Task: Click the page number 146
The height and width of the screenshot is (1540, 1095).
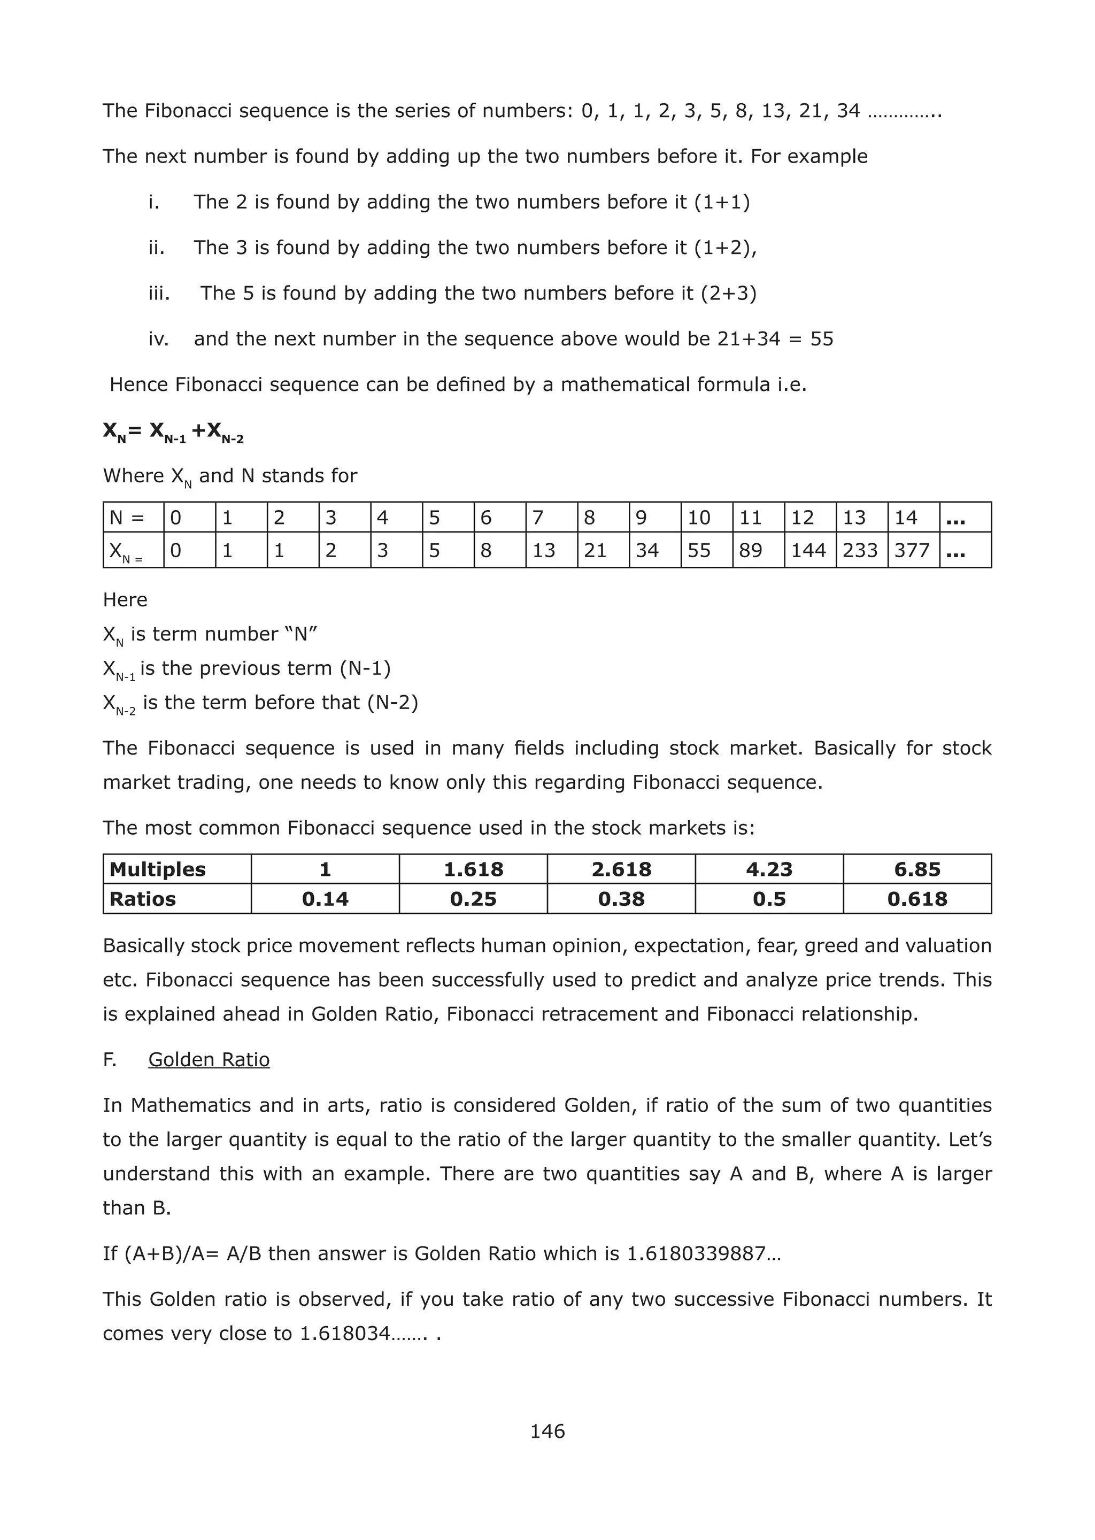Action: pos(547,1431)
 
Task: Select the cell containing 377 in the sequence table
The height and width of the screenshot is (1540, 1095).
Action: pos(912,550)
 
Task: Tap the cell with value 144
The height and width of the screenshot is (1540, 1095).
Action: pos(808,550)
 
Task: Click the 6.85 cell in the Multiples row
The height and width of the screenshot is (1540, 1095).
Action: pos(916,869)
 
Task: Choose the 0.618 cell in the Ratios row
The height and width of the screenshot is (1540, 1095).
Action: pos(916,899)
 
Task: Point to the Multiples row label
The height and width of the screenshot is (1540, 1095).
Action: pos(157,869)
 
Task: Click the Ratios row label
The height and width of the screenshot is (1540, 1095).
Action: pos(142,899)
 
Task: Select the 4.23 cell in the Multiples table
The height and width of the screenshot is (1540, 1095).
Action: pos(769,869)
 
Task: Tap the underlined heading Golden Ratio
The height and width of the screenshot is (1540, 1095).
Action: pos(209,1059)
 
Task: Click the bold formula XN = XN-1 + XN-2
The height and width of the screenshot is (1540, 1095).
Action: pos(173,432)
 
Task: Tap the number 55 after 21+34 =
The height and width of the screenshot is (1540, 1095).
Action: pos(821,338)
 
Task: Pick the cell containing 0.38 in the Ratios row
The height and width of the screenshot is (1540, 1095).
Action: pos(621,899)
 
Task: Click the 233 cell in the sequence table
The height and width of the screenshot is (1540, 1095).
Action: pos(860,550)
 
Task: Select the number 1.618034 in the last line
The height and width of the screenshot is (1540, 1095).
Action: pos(344,1333)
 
